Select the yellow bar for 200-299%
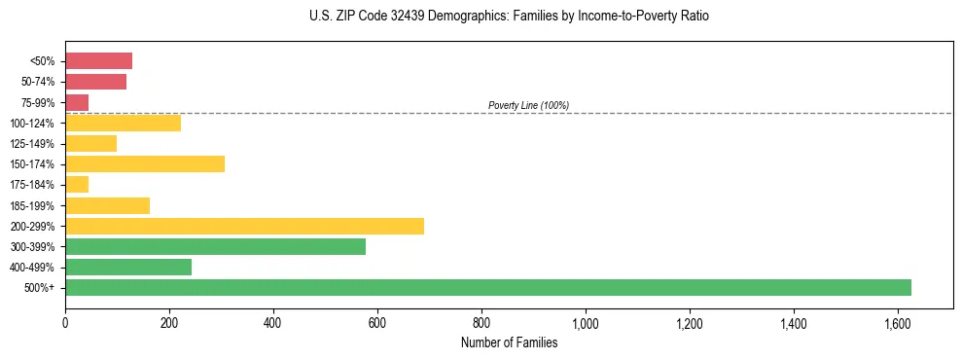point(244,226)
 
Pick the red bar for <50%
point(98,61)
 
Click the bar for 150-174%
point(145,163)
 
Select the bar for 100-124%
point(123,123)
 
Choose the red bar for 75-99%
point(77,102)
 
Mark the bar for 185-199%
point(107,205)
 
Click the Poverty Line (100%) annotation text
point(528,105)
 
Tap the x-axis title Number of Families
point(509,342)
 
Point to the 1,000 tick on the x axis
point(586,322)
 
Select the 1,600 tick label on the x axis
point(898,322)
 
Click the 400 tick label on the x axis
point(273,322)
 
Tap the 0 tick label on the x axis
point(65,322)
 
